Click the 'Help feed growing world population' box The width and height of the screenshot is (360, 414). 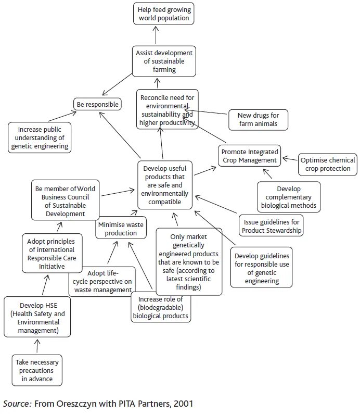coord(164,14)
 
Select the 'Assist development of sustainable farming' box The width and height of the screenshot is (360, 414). coord(164,61)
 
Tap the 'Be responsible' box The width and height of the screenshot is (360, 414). coord(97,104)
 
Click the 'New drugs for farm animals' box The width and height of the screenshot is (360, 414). coord(258,119)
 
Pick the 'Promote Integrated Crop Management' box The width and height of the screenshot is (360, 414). coord(249,156)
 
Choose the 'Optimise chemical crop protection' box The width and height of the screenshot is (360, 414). coord(328,164)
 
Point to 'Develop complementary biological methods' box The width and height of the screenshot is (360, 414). coord(288,197)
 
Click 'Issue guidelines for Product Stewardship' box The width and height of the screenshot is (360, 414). coord(271,226)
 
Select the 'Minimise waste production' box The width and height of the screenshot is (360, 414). coord(121,229)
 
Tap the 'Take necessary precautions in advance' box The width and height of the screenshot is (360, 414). coord(37,370)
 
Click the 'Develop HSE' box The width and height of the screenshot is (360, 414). coord(37,317)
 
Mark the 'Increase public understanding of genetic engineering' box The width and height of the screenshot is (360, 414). coord(40,137)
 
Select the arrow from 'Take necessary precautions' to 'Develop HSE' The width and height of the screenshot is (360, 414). coord(37,346)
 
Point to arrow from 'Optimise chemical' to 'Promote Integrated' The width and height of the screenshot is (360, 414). coord(290,157)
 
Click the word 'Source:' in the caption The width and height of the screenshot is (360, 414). coord(17,404)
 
